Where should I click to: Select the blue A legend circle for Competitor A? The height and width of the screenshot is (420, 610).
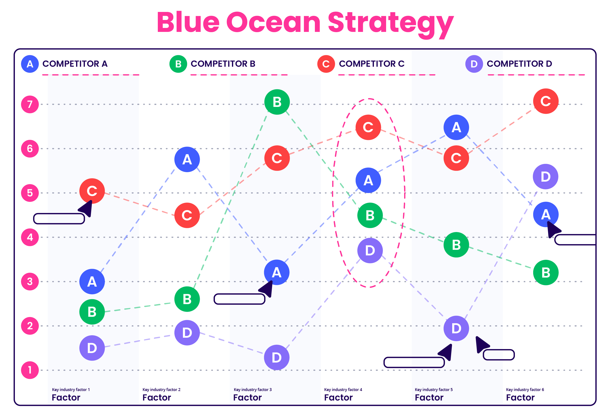tap(30, 64)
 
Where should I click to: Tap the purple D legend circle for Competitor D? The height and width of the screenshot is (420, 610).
tap(474, 64)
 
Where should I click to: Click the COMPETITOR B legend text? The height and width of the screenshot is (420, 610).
tap(223, 64)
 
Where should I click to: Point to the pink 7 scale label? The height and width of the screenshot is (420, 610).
tap(30, 104)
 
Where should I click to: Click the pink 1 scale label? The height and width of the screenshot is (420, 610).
tap(30, 370)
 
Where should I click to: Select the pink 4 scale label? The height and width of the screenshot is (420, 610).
tap(30, 237)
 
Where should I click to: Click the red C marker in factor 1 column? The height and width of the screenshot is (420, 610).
tap(92, 191)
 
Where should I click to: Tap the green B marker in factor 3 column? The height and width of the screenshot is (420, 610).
tap(277, 102)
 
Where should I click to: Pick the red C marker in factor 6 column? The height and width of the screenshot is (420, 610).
tap(545, 101)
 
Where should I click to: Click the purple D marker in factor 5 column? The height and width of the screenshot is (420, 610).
tap(456, 328)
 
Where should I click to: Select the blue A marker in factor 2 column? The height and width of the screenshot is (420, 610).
tap(187, 159)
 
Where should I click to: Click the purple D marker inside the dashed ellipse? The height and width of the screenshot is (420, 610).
tap(370, 251)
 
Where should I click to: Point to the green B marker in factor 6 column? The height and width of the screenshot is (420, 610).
tap(545, 273)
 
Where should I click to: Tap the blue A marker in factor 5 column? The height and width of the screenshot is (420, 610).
tap(456, 127)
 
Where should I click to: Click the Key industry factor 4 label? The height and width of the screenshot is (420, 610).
tap(343, 390)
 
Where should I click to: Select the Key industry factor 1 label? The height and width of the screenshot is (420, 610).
tap(71, 390)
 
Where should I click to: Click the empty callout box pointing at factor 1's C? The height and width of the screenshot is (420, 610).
tap(59, 219)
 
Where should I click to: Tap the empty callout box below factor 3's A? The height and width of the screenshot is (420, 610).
tap(239, 299)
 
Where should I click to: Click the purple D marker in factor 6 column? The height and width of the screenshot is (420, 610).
tap(545, 177)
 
